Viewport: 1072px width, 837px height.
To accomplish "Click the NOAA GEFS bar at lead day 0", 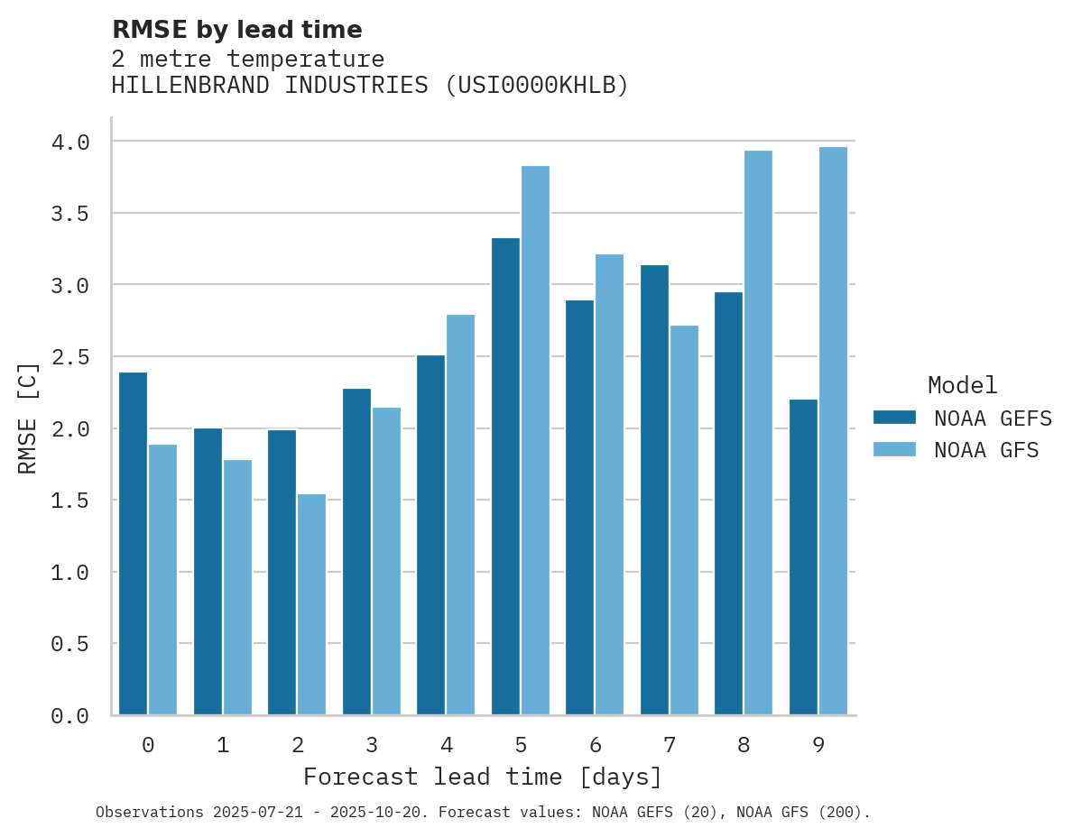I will click(133, 543).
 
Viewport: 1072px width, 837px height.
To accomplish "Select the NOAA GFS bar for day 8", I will click(758, 433).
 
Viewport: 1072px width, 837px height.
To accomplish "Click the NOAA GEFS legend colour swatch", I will click(894, 418).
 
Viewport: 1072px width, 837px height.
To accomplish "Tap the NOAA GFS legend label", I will click(986, 450).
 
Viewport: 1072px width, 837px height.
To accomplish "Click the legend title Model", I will click(962, 385).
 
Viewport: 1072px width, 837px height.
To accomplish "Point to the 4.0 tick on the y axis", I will click(70, 143).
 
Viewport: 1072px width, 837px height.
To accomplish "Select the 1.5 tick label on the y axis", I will click(70, 501).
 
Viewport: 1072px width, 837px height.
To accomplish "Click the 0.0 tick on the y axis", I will click(70, 716).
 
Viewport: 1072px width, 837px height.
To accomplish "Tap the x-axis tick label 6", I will click(596, 745).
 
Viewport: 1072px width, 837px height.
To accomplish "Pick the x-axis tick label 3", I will click(372, 745).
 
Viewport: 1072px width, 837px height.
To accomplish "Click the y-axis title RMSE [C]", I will click(28, 418).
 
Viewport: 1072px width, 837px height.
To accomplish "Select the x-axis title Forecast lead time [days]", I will click(483, 777).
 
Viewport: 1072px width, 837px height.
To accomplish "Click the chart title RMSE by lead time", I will click(236, 30).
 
